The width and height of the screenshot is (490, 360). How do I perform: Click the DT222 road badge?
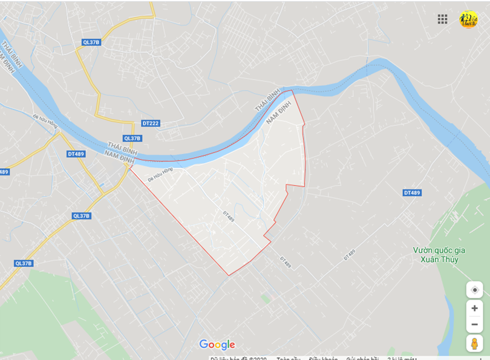click(x=151, y=123)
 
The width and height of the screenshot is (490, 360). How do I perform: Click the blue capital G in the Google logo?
click(x=204, y=345)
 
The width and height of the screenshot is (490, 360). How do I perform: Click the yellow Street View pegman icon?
click(x=474, y=343)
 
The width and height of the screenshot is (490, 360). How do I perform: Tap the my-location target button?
click(x=474, y=290)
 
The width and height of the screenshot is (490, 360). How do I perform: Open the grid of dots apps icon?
click(x=442, y=19)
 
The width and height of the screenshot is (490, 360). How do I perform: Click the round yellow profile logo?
click(x=468, y=19)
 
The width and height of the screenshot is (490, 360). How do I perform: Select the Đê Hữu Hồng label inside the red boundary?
click(x=160, y=174)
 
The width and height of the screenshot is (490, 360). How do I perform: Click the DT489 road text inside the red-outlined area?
click(x=228, y=216)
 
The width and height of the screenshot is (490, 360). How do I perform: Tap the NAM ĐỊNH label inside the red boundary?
click(x=279, y=113)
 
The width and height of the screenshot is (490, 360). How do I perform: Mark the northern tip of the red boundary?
click(x=292, y=91)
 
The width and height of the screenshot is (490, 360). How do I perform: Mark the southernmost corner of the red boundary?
click(x=229, y=275)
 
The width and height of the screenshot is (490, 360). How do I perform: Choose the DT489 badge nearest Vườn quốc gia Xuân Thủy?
click(x=412, y=192)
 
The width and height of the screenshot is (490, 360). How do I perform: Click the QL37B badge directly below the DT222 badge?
click(x=132, y=139)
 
